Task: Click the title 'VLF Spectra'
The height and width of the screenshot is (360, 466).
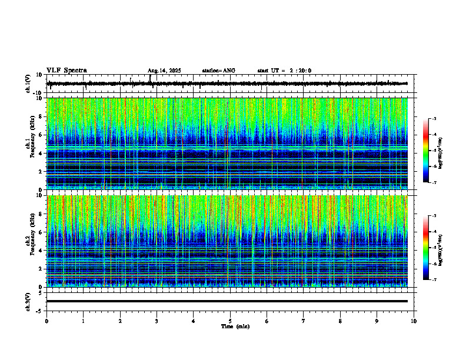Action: coord(66,70)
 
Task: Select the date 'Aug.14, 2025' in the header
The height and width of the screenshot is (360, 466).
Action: coord(164,71)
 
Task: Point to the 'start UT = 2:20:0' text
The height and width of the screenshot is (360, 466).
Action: coord(284,71)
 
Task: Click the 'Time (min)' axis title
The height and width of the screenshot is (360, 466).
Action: coord(235,326)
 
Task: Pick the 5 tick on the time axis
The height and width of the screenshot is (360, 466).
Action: coord(230,321)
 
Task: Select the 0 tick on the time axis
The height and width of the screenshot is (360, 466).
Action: coord(46,321)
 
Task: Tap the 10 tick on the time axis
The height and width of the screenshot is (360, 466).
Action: coord(414,321)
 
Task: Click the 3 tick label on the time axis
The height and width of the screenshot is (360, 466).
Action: coord(157,321)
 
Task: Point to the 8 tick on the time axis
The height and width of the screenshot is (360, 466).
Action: coord(340,321)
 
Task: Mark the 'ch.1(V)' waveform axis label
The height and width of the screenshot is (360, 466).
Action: coord(28,84)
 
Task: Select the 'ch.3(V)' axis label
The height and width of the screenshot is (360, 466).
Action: coord(28,301)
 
